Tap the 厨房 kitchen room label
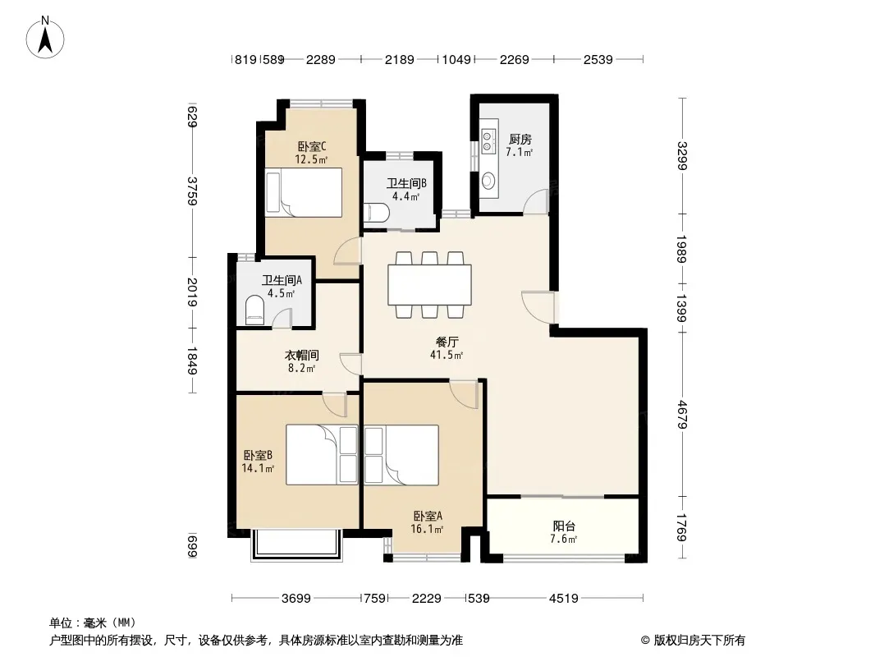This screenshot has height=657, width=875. coord(520,139)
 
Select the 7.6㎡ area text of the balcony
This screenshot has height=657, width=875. coord(563,539)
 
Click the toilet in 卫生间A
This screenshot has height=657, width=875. coord(255,310)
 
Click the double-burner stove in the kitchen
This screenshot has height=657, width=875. coord(488,140)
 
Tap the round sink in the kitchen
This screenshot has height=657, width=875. coord(488,181)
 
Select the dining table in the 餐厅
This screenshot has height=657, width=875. coord(429,285)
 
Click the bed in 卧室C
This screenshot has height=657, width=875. coord(304,192)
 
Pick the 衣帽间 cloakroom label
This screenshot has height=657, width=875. coord(302,355)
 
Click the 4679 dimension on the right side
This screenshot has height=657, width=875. coord(682,415)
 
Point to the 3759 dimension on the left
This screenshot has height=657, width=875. coord(191,191)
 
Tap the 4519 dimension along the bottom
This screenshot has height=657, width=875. coord(564,599)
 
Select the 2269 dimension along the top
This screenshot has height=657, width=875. coord(514,59)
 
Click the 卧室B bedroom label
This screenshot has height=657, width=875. coord(258,456)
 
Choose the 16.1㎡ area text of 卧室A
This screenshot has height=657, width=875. coord(427,529)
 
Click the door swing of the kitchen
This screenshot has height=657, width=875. coord(536,201)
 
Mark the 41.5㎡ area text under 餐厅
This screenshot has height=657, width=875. coord(447,355)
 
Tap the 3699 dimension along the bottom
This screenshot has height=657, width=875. coord(295,599)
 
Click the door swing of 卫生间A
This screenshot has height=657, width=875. coord(282,316)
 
